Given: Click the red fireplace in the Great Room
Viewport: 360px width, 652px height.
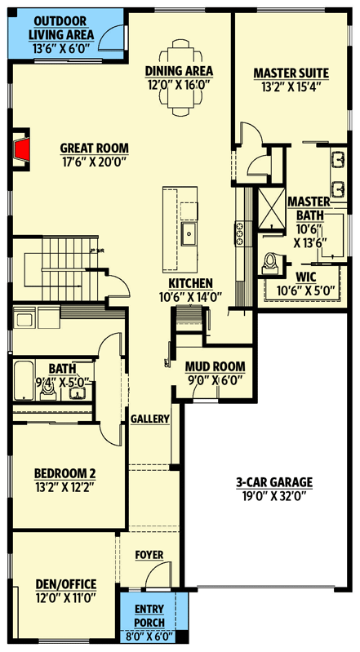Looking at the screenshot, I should [24, 149].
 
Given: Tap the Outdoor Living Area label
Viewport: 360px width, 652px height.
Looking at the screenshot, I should [61, 28].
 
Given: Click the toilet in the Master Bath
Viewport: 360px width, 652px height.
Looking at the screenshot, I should [272, 264].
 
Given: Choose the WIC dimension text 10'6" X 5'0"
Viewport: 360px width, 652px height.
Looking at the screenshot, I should [306, 291].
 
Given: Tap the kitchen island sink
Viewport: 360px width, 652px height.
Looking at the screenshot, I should [188, 237].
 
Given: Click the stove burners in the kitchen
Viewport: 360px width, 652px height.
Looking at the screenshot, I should [240, 235].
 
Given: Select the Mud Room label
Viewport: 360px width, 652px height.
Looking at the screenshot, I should [211, 366].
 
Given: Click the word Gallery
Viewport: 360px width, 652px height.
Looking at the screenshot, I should [150, 419].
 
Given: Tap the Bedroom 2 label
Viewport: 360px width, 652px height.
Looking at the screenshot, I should [64, 474].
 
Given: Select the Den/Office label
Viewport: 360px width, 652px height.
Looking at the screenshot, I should [66, 584].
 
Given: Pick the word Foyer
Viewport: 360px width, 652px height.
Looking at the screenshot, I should [149, 556].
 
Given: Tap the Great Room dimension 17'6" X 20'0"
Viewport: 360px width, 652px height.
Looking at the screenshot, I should [95, 161].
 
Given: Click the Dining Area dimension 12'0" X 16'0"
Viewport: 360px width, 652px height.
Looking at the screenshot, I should [180, 83].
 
